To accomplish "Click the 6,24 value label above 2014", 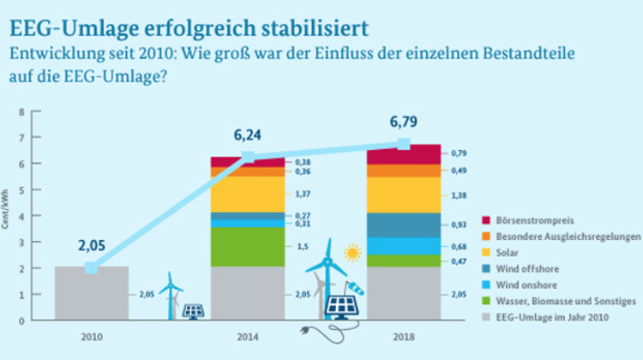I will point(249,135).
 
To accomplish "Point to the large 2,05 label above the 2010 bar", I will point(91,246).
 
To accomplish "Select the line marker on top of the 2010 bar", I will point(91,267).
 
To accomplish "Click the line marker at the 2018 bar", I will point(404,144).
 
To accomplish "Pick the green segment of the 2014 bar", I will point(248,247).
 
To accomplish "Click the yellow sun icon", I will point(351,253).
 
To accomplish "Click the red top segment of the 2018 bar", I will point(403,154).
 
